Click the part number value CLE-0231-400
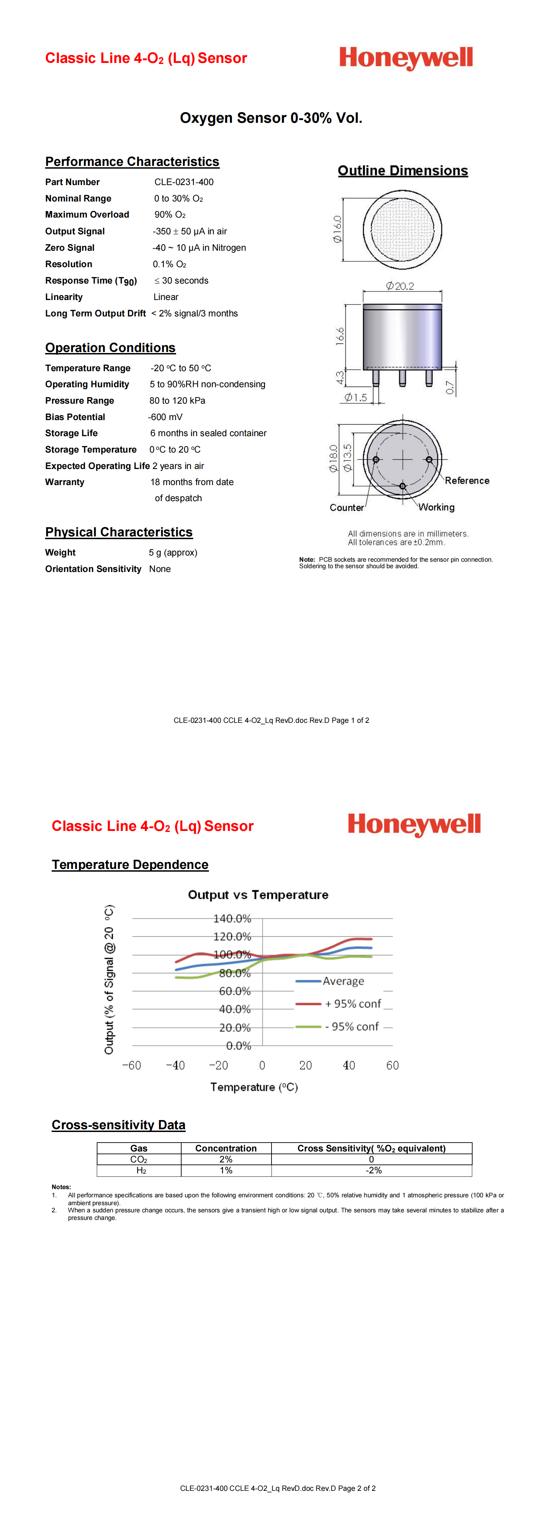click(x=184, y=182)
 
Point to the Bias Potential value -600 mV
click(x=165, y=417)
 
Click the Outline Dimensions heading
click(x=402, y=171)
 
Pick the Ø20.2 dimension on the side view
click(x=400, y=286)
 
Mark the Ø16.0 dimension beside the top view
click(x=337, y=229)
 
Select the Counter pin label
click(x=346, y=507)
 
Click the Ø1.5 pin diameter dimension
click(x=356, y=398)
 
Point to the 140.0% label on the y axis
click(x=233, y=918)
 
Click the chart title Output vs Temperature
click(x=258, y=895)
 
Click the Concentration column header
click(x=226, y=1148)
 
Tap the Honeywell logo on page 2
click(x=414, y=825)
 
